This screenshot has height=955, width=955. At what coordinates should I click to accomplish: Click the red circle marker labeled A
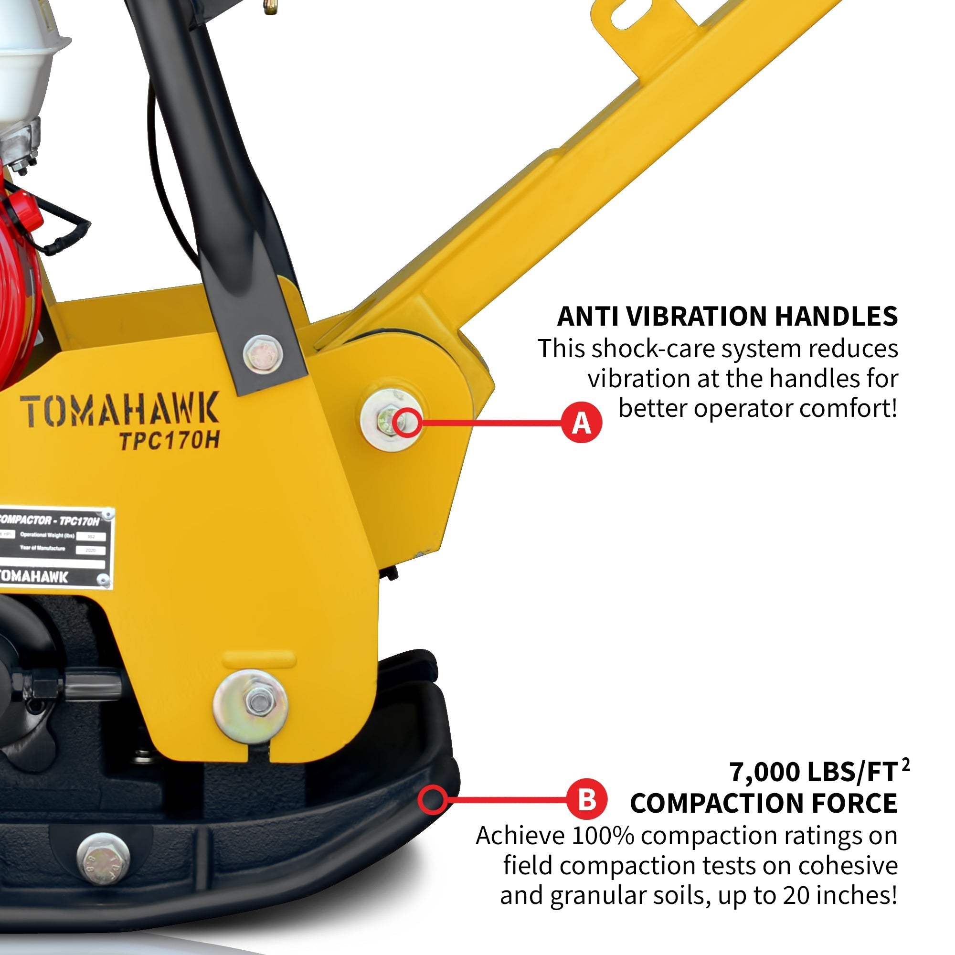(x=581, y=423)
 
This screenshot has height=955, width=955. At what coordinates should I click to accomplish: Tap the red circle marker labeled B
(x=586, y=799)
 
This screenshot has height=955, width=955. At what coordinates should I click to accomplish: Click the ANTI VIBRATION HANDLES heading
(x=727, y=317)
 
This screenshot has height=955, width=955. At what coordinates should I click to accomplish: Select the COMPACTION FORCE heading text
(x=763, y=803)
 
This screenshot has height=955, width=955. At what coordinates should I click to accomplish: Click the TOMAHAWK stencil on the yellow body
(x=120, y=410)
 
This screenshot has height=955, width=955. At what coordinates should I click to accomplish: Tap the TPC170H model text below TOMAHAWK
(x=170, y=441)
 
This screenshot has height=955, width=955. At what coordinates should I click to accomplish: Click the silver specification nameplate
(x=54, y=548)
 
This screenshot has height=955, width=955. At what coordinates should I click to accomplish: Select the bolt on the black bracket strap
(x=263, y=353)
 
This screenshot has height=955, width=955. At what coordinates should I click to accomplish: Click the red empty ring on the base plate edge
(x=433, y=799)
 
